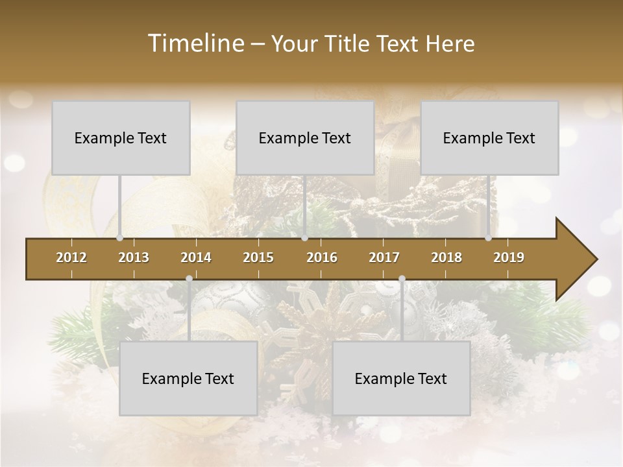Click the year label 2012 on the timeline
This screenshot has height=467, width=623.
point(71,257)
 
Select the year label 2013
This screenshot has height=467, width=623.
point(134,257)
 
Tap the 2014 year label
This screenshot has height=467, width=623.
point(196,257)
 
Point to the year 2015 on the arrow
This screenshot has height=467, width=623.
point(258,257)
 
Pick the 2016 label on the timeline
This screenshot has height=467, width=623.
point(322,257)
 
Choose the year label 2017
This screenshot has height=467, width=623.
point(384,257)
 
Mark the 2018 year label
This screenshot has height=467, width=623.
point(446,257)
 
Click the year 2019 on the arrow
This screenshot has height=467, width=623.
point(509,257)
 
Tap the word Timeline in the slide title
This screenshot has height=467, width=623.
point(195,43)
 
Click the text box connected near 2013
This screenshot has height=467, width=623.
point(121,138)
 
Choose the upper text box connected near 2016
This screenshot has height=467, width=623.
point(305,138)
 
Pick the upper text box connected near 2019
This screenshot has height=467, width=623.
point(489,138)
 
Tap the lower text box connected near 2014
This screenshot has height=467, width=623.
point(188,378)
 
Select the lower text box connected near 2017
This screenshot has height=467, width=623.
point(401,378)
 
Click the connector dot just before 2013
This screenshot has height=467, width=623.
point(119,238)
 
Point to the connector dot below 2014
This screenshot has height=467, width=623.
point(189,279)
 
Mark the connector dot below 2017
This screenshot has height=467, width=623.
point(402,279)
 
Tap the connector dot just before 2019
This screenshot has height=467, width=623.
point(488,238)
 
